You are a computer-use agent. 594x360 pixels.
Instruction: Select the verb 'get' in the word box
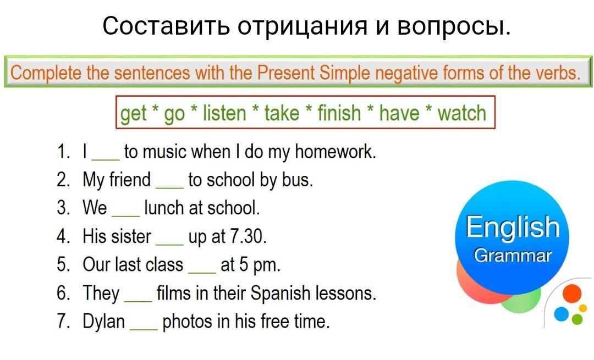click(x=133, y=113)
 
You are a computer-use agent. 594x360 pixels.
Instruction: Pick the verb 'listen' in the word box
click(x=224, y=113)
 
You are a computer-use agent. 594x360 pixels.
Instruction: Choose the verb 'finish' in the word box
click(x=339, y=113)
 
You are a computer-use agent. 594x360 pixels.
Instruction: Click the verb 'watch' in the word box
click(x=461, y=113)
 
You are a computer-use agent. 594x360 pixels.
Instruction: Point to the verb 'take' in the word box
click(x=282, y=113)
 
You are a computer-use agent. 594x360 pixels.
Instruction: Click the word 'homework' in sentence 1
click(x=335, y=152)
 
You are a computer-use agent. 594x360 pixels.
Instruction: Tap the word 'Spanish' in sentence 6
click(x=280, y=293)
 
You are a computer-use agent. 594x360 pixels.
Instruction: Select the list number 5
click(x=63, y=264)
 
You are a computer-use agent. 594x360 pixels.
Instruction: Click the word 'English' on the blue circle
click(x=513, y=227)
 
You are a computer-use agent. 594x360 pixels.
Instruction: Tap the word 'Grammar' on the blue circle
click(x=513, y=256)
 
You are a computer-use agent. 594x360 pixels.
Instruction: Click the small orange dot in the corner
click(x=572, y=293)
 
